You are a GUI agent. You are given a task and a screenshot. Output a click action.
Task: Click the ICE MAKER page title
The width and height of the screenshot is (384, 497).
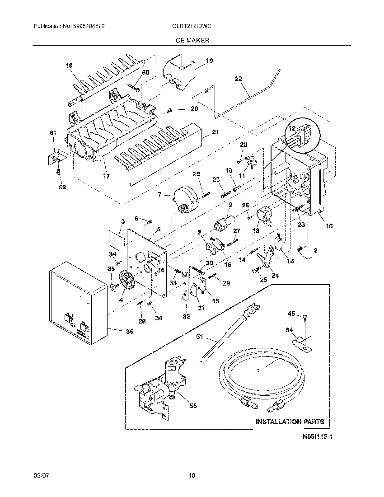coord(192,40)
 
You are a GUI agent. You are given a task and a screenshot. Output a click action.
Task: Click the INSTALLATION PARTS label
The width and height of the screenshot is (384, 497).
coord(290,422)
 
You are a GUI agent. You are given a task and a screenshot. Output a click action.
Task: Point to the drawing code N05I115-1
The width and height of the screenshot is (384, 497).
coord(314,437)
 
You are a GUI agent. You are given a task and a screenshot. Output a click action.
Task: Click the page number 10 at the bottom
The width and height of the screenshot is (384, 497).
coord(192,475)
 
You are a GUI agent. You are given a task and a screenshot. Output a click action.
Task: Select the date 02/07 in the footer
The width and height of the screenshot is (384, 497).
coord(40,475)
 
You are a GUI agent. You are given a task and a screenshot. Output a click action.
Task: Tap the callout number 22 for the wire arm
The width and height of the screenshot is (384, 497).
coord(239,78)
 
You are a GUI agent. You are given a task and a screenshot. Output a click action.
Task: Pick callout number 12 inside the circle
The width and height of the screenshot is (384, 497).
coord(292,128)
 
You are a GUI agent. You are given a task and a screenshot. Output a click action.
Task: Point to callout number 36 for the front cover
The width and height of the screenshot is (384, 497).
coord(129,331)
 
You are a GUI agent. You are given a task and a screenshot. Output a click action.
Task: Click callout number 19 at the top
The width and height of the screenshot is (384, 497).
coord(209,61)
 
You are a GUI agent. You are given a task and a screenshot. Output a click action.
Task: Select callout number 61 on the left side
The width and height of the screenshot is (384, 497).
coord(52,132)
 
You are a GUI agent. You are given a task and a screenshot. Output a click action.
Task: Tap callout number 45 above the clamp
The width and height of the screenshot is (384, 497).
coord(292,314)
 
